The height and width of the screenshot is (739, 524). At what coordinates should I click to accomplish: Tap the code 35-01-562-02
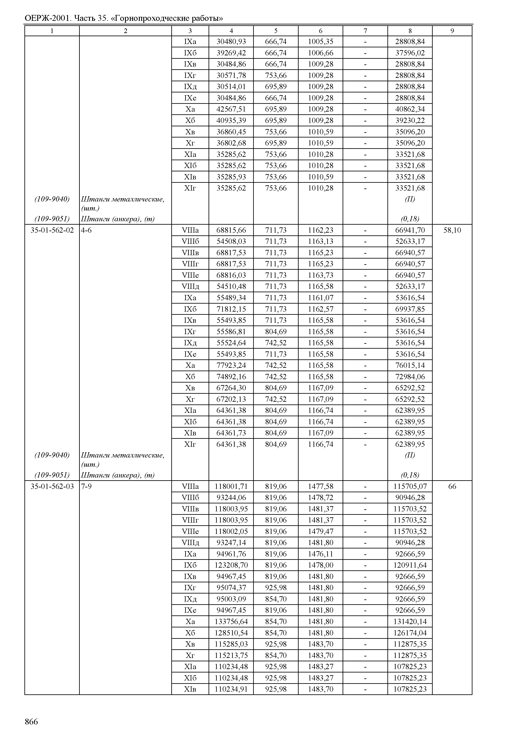point(52,230)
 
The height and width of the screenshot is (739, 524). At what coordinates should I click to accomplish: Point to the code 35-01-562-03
point(52,486)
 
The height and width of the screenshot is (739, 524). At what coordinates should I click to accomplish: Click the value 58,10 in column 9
point(452,230)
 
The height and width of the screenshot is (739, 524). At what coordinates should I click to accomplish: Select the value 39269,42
point(231,53)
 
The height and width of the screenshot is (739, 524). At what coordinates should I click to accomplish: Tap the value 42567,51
point(231,109)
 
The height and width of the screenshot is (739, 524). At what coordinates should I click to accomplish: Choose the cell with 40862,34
point(410,109)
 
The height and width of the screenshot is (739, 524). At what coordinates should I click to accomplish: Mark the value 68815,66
point(231,230)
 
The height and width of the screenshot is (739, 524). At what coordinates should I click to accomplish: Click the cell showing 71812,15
point(231,309)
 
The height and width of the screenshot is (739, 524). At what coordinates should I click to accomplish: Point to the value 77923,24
point(231,365)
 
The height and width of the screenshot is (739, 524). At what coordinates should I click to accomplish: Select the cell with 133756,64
point(231,622)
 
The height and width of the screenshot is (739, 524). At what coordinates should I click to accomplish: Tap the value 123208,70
point(231,565)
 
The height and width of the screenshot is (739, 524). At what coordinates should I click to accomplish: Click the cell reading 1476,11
point(321,554)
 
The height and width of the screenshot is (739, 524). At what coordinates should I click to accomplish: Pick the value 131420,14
point(410,622)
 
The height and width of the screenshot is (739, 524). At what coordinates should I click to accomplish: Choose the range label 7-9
point(86,486)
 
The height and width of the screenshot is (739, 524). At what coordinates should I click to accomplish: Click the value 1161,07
point(321,298)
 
